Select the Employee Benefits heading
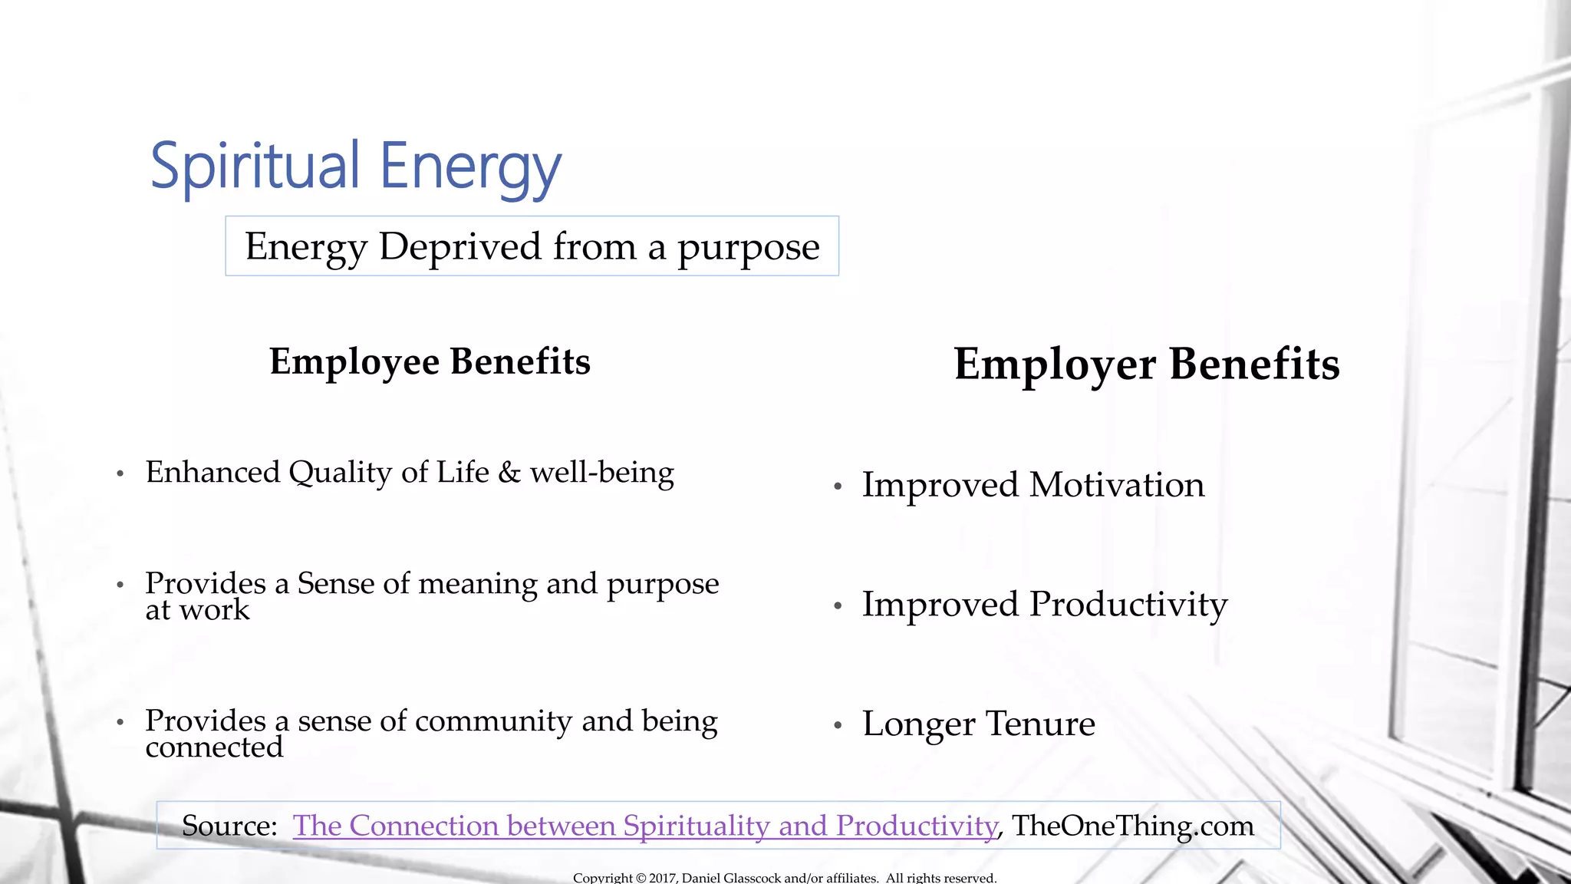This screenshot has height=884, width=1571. (430, 361)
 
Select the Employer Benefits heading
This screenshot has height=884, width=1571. (1146, 364)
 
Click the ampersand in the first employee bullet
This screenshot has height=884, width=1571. (509, 473)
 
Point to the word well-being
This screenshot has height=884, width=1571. (601, 473)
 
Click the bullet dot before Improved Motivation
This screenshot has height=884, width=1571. (838, 487)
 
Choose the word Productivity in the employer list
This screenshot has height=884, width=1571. (1128, 605)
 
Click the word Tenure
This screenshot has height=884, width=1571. (1039, 724)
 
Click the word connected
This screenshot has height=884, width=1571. (214, 747)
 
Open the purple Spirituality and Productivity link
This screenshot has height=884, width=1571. (644, 826)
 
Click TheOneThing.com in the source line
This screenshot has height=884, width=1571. (1132, 826)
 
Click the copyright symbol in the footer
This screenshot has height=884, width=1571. (641, 878)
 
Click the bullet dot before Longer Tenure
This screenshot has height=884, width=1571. (838, 725)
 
